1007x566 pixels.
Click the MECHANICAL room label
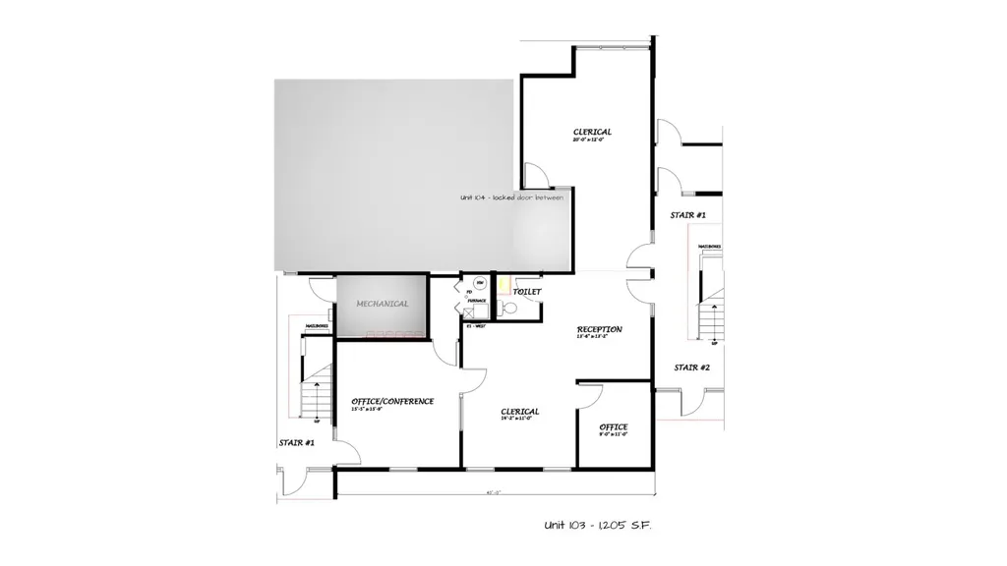coord(383,304)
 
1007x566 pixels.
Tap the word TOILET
coord(527,292)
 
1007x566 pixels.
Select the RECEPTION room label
coord(599,329)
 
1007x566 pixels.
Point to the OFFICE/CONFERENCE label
coord(392,401)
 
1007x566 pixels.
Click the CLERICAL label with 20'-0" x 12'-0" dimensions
coord(592,132)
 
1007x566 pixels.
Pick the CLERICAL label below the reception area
coord(519,412)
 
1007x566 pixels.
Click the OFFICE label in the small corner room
coord(614,426)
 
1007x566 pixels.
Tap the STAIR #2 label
coord(691,368)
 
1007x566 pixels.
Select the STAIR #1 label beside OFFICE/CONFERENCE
coord(296,443)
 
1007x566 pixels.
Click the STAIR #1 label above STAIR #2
coord(688,214)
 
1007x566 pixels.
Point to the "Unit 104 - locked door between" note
coord(510,198)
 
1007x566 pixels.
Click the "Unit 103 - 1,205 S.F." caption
coord(598,526)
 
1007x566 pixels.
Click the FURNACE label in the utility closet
coord(476,300)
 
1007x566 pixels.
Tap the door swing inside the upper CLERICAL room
coord(535,176)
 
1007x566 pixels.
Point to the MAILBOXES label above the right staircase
coord(710,247)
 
